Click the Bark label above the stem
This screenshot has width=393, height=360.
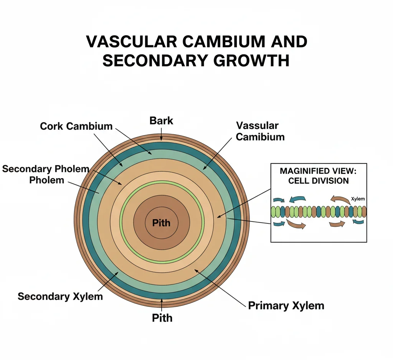click(x=161, y=121)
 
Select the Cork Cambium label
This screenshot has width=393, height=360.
click(x=76, y=126)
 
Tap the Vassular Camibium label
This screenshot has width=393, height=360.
click(x=260, y=131)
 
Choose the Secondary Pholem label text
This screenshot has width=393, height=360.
click(x=46, y=169)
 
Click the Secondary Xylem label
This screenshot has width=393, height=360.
click(x=60, y=296)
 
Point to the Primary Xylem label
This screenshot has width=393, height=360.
click(x=286, y=306)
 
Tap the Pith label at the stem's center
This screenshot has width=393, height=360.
click(x=161, y=223)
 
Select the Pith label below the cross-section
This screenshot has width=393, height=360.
click(x=162, y=318)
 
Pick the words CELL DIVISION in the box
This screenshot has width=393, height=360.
click(x=318, y=180)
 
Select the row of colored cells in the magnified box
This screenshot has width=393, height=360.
click(x=319, y=212)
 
